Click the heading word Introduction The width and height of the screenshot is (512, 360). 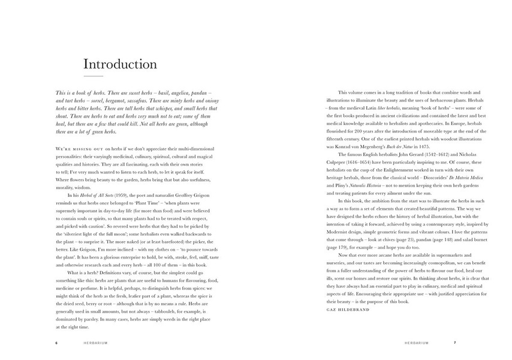[x=120, y=64]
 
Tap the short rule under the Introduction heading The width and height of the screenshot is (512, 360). [x=93, y=77]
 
